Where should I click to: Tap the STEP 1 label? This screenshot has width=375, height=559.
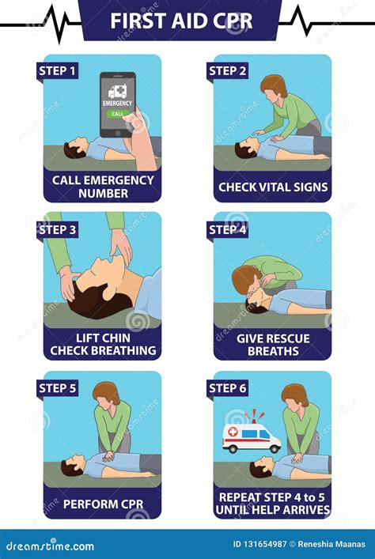(x=58, y=71)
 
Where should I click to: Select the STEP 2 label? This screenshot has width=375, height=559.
(x=228, y=71)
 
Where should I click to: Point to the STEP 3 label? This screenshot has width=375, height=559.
(x=58, y=230)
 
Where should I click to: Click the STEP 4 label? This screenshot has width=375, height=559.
(x=228, y=230)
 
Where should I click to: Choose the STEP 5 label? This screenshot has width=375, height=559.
(x=58, y=388)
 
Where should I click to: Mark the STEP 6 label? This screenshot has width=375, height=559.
(x=228, y=388)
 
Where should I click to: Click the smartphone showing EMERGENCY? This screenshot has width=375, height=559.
(x=117, y=104)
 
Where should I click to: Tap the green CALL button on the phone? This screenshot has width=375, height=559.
(x=117, y=113)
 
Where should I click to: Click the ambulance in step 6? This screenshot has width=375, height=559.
(x=252, y=437)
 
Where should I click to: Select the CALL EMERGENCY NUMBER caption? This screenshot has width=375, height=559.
(x=103, y=186)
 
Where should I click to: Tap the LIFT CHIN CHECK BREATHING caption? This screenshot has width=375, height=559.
(x=103, y=344)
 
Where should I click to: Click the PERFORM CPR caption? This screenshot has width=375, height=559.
(x=103, y=504)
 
